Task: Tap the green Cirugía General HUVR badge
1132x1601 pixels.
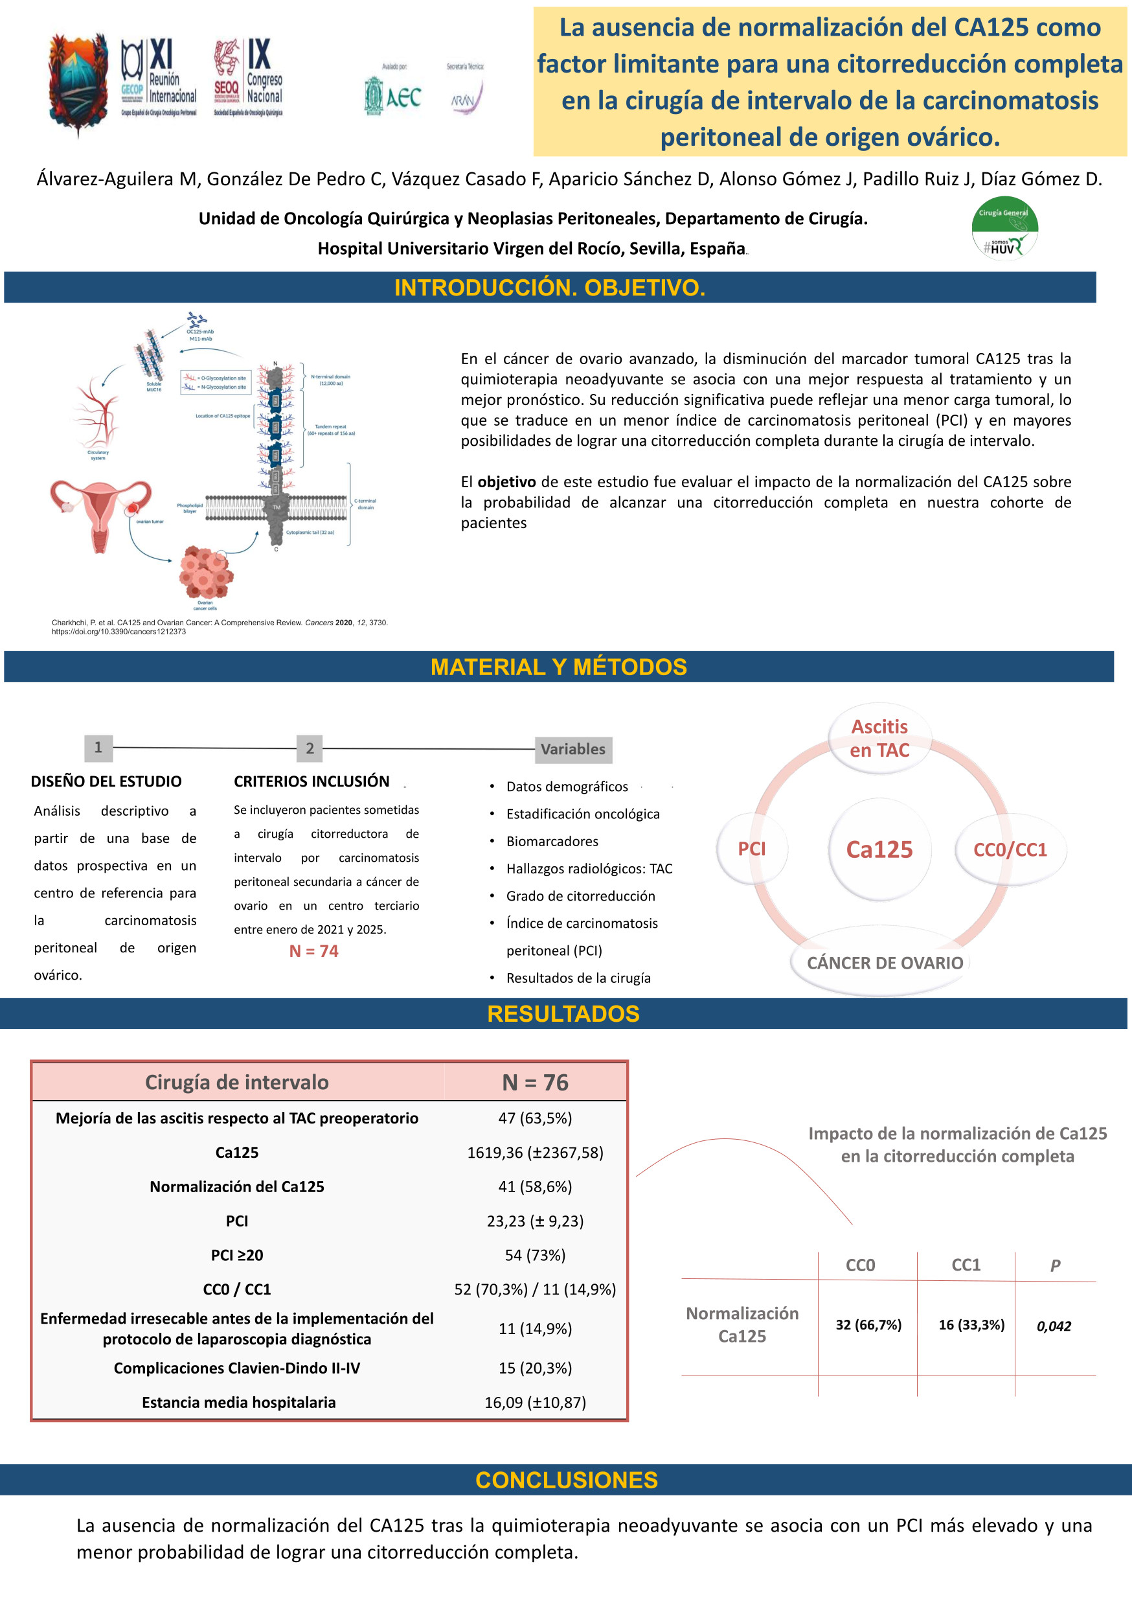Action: pos(1004,229)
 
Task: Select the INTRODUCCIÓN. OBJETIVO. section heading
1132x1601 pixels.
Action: pos(549,287)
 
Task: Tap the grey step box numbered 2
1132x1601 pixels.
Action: pos(310,748)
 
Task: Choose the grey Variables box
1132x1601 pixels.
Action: pos(573,750)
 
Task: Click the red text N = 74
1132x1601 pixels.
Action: pos(313,951)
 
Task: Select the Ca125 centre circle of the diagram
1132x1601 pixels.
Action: pos(879,849)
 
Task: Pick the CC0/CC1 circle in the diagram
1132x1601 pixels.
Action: pos(1010,849)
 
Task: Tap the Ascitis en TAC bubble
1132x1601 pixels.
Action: pos(879,739)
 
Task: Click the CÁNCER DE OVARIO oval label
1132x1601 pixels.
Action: pos(885,963)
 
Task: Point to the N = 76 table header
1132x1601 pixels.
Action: pos(535,1082)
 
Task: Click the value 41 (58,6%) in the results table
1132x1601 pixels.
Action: pos(535,1186)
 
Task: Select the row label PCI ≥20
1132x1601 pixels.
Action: pos(237,1254)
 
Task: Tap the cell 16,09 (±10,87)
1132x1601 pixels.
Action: pos(535,1401)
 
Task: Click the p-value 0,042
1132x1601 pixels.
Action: pos(1053,1326)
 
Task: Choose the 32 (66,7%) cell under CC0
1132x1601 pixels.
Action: pos(868,1324)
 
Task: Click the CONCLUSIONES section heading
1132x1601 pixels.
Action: pos(566,1479)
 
